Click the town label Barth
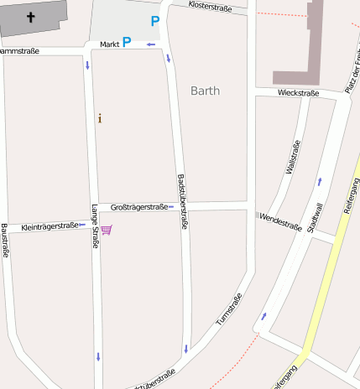[x=205, y=91]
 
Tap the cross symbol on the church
[x=32, y=17]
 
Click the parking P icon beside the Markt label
[x=127, y=41]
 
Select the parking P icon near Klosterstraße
[x=154, y=21]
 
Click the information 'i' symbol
[x=100, y=118]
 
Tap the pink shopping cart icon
[x=107, y=229]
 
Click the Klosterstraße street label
[x=211, y=6]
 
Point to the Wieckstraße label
[x=299, y=93]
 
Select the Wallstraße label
[x=294, y=157]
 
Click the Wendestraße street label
[x=280, y=221]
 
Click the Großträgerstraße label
[x=139, y=206]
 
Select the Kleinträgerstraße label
[x=50, y=226]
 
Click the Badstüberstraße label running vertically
[x=182, y=202]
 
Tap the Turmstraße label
[x=228, y=309]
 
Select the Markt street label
[x=109, y=44]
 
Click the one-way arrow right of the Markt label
[x=150, y=44]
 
